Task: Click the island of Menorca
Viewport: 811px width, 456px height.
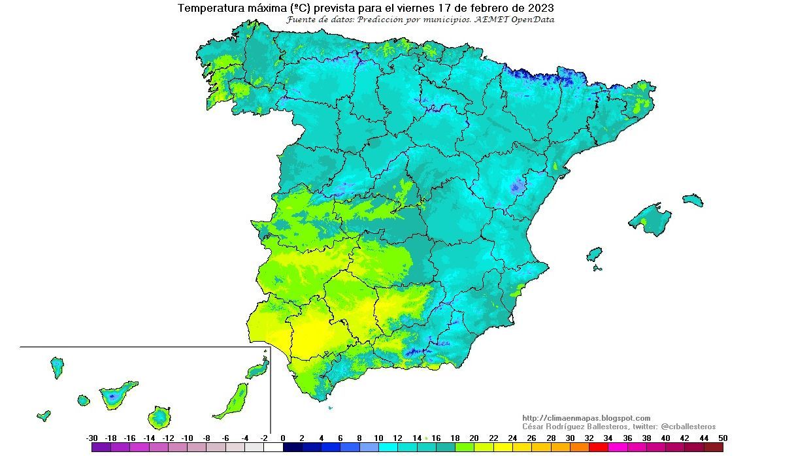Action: tap(693, 200)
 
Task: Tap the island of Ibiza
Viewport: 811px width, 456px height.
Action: tap(594, 254)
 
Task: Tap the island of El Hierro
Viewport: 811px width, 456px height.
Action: tap(44, 415)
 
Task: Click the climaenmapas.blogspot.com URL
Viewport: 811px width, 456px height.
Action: tap(586, 418)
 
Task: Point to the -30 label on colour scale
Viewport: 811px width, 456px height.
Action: tap(91, 438)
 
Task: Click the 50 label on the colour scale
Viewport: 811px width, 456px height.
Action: tap(721, 438)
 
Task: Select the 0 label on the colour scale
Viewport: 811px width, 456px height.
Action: tap(283, 438)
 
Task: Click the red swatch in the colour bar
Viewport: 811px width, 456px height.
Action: tap(598, 448)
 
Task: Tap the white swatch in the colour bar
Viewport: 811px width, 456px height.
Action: tap(273, 448)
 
